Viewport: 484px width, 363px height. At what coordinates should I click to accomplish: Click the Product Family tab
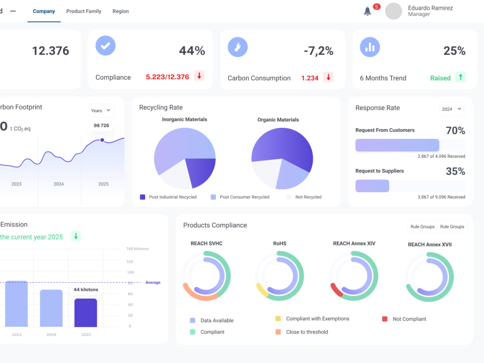(x=84, y=11)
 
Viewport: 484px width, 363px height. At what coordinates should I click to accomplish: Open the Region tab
(x=121, y=11)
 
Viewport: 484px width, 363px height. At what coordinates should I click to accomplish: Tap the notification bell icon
(x=367, y=11)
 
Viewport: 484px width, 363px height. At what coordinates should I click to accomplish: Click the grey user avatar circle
(x=393, y=11)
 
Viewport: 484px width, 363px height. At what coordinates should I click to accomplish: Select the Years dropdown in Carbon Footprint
(x=101, y=110)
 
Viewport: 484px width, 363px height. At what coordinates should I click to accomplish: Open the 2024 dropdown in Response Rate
(x=452, y=109)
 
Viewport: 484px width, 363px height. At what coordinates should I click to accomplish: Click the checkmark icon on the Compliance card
(x=106, y=45)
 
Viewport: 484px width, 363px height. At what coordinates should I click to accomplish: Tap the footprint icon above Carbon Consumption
(x=238, y=47)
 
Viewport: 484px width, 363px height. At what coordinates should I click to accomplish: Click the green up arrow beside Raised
(x=461, y=77)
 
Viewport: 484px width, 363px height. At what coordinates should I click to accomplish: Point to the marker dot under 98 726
(x=102, y=140)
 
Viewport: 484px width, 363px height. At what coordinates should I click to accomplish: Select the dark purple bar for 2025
(x=86, y=313)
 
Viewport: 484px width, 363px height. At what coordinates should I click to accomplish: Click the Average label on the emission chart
(x=153, y=283)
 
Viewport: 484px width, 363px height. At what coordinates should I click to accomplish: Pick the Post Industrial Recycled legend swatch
(x=143, y=197)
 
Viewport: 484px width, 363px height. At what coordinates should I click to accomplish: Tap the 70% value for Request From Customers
(x=455, y=131)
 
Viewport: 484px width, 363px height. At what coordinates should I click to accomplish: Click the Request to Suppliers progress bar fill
(x=372, y=186)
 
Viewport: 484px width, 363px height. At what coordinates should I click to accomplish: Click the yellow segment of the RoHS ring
(x=262, y=290)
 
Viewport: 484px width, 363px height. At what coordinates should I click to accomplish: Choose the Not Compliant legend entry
(x=404, y=319)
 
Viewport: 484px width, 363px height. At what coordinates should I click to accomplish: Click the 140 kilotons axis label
(x=137, y=249)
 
